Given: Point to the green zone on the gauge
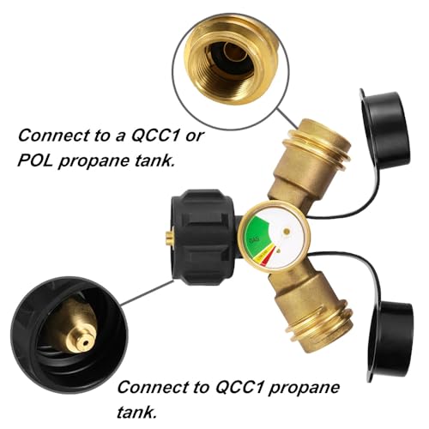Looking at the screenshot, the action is [x=257, y=233].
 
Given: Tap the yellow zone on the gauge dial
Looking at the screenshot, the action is [x=263, y=256].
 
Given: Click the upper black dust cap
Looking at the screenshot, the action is [x=384, y=130].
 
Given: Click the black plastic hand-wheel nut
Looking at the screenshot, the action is [x=204, y=237].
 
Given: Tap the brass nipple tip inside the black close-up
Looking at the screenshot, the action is [x=83, y=341].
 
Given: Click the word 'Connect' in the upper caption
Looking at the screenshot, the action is [x=52, y=135].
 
